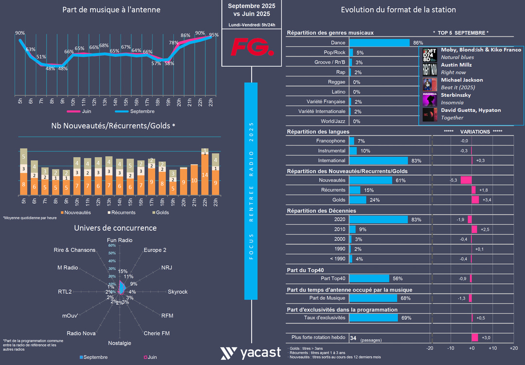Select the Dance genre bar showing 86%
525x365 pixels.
(x=380, y=43)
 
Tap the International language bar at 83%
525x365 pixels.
(x=379, y=161)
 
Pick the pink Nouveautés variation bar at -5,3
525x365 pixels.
(x=466, y=180)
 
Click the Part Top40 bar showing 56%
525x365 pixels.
(x=369, y=278)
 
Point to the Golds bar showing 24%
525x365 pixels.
(x=358, y=200)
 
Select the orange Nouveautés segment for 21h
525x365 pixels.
(x=194, y=180)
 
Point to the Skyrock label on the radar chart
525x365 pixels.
(x=178, y=292)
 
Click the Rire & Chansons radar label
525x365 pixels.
(x=75, y=250)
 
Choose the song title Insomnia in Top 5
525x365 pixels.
(x=452, y=103)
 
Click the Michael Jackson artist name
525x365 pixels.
(x=462, y=80)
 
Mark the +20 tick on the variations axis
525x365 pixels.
(x=513, y=348)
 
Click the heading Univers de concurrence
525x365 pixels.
(x=115, y=228)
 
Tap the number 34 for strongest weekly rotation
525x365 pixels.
(x=353, y=338)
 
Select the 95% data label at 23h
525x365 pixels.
(x=214, y=35)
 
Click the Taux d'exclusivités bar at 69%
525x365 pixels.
(x=373, y=318)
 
